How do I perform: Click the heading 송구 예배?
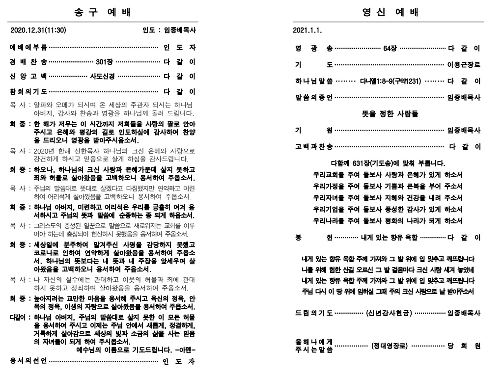103,12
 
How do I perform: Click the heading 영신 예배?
388,12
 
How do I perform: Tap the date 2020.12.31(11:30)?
38,30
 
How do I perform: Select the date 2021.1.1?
307,30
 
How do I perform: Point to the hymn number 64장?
391,49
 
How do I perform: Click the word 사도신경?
103,76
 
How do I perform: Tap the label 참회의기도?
28,91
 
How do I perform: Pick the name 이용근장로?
463,65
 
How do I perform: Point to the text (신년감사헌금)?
389,313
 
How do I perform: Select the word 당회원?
464,346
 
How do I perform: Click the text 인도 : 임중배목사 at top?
169,30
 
